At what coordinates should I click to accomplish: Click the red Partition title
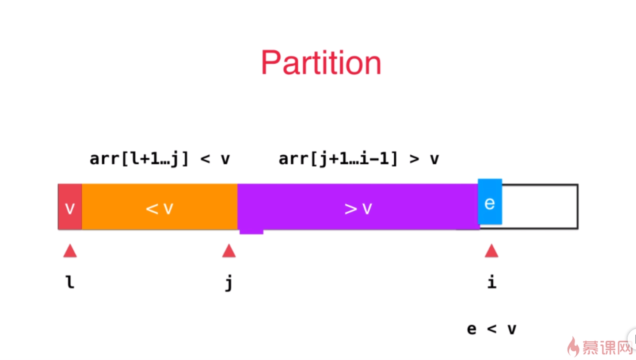click(x=321, y=63)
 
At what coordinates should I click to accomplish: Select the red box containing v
click(x=70, y=207)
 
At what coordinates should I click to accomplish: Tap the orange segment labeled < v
click(x=160, y=207)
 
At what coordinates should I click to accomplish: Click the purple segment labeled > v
click(x=358, y=207)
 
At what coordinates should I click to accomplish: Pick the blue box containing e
click(x=490, y=202)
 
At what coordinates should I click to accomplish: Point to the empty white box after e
click(x=540, y=207)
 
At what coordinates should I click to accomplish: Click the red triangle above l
click(x=70, y=251)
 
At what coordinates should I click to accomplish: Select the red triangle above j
click(x=229, y=251)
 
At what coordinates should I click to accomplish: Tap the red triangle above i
click(x=491, y=251)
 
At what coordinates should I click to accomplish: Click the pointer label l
click(x=70, y=282)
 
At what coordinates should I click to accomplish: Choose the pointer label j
click(x=229, y=283)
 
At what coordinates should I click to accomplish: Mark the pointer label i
click(x=491, y=282)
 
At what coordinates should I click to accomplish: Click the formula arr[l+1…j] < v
click(x=160, y=159)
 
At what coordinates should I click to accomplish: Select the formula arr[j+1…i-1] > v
click(x=358, y=159)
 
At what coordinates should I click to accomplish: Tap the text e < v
click(x=491, y=329)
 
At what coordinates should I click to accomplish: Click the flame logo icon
click(x=573, y=347)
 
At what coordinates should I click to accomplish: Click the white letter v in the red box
click(x=70, y=208)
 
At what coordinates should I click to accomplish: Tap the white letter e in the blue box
click(x=490, y=203)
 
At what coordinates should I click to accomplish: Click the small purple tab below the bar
click(x=251, y=231)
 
